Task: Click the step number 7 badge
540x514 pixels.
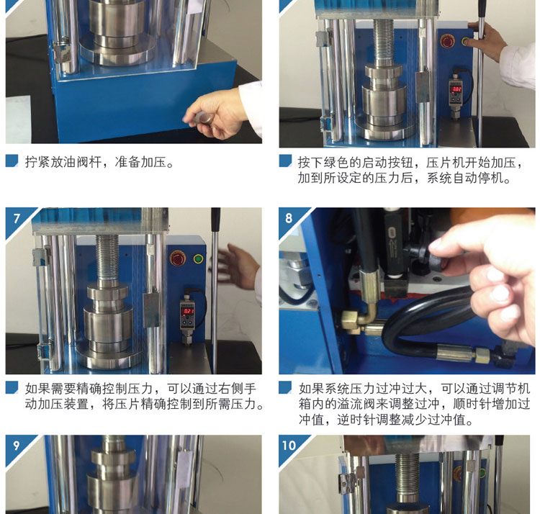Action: click(17, 218)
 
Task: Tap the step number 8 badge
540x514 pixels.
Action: click(289, 218)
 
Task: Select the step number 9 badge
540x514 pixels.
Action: click(17, 446)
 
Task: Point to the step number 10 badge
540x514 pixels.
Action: click(289, 446)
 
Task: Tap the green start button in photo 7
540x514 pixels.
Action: click(198, 258)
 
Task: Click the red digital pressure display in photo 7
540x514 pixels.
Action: click(188, 311)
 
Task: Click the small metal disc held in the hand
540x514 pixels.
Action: click(207, 119)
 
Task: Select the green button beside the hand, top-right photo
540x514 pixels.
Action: click(465, 42)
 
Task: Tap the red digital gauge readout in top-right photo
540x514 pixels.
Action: click(456, 89)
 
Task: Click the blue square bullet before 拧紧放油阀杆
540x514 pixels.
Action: click(12, 161)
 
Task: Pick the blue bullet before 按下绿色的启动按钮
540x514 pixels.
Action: click(285, 161)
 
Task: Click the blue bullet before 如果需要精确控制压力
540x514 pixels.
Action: click(12, 387)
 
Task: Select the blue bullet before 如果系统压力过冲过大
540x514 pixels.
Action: click(285, 387)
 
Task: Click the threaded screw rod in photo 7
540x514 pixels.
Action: click(107, 258)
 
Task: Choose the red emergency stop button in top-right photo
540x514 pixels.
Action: click(447, 41)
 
